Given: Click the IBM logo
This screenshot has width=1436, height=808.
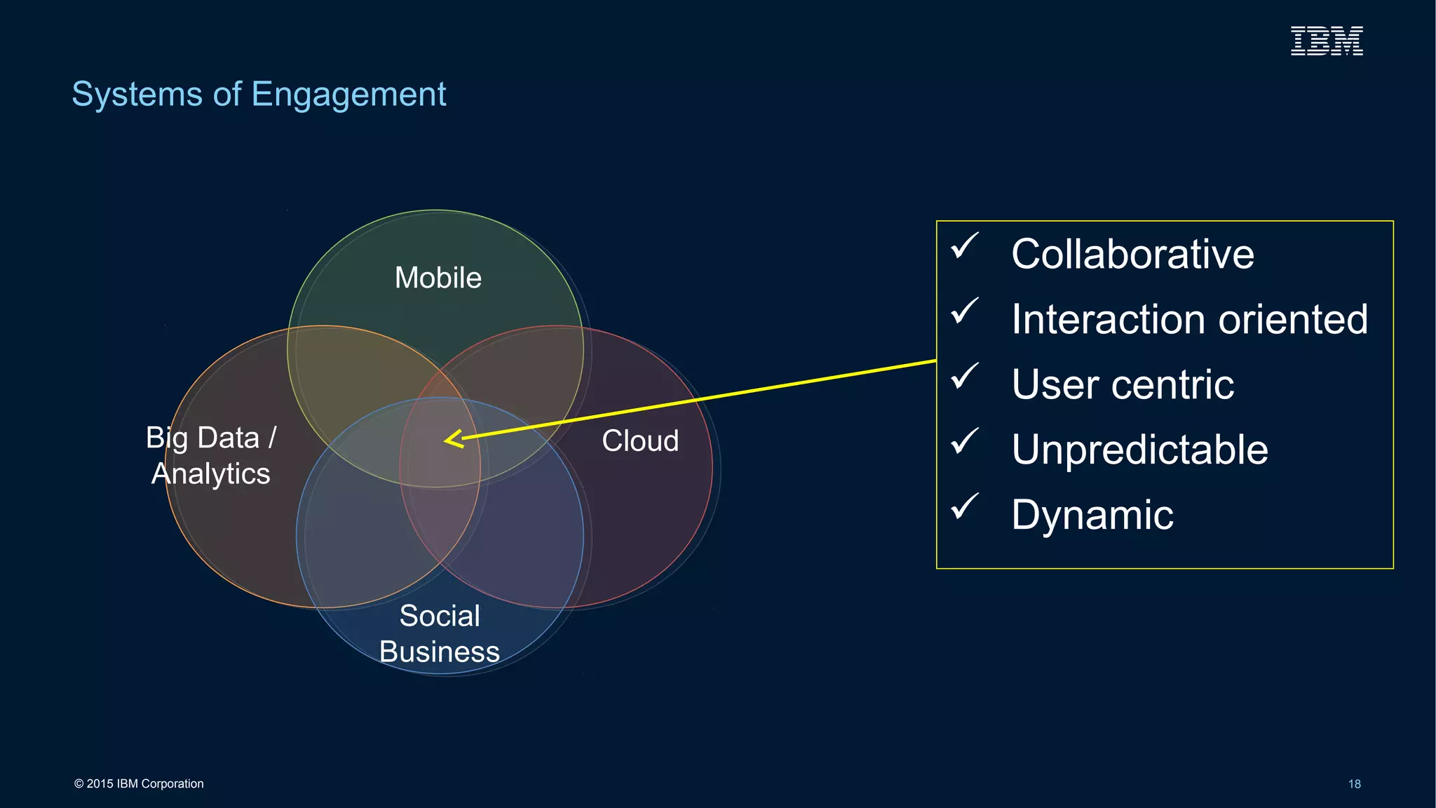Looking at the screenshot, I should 1327,41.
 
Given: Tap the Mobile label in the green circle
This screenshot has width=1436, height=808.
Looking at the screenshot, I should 438,278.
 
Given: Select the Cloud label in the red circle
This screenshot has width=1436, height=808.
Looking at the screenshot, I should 640,441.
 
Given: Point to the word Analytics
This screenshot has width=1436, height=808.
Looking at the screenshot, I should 211,474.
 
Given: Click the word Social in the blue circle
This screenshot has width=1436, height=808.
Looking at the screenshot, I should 440,616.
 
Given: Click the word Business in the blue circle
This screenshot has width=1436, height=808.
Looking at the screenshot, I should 440,652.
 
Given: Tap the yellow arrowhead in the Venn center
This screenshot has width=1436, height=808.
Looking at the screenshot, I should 452,440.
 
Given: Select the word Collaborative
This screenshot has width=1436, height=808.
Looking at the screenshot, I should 1132,254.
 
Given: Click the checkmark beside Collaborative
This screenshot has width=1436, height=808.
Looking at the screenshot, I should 965,246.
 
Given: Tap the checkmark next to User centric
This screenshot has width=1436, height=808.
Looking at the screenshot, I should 965,377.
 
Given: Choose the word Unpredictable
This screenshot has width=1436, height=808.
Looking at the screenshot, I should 1139,450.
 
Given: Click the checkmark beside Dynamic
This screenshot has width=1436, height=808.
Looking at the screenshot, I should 965,506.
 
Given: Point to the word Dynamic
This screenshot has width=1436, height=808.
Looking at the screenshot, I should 1092,516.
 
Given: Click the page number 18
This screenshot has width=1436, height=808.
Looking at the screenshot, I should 1354,784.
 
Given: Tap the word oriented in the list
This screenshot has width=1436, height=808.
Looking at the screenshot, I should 1293,319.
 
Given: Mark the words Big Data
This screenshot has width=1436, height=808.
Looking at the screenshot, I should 203,438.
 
